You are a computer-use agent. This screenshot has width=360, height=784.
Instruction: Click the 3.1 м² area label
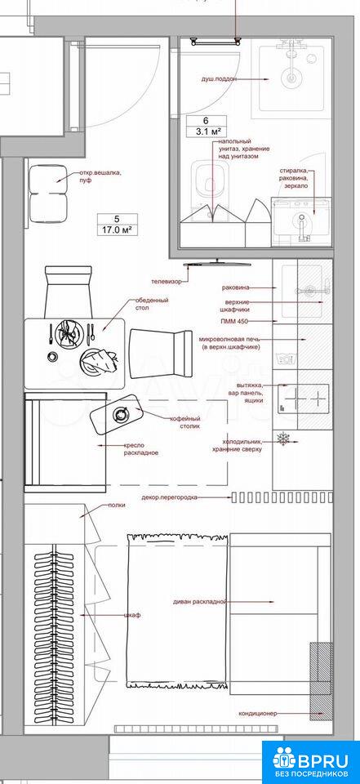click(207, 132)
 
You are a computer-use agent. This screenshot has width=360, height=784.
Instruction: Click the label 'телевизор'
click(167, 282)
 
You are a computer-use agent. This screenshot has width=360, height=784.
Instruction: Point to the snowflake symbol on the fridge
click(283, 440)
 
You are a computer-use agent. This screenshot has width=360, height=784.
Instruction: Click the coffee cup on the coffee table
click(121, 413)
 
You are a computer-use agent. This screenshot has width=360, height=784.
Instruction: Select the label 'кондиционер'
click(258, 714)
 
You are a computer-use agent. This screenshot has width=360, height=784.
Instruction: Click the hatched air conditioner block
click(321, 681)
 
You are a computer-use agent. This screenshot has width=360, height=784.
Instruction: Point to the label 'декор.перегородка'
click(169, 497)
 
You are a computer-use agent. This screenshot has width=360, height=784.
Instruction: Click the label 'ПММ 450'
click(233, 320)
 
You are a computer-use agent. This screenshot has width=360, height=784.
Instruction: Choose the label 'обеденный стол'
click(152, 304)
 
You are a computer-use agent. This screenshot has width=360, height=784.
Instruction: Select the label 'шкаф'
click(131, 615)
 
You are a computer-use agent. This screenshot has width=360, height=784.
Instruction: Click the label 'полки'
click(117, 505)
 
